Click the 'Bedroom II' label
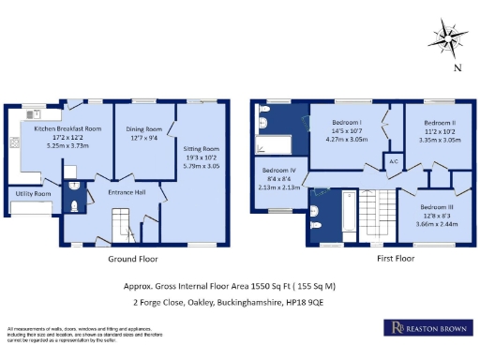pos(439,123)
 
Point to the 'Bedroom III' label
pos(436,206)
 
